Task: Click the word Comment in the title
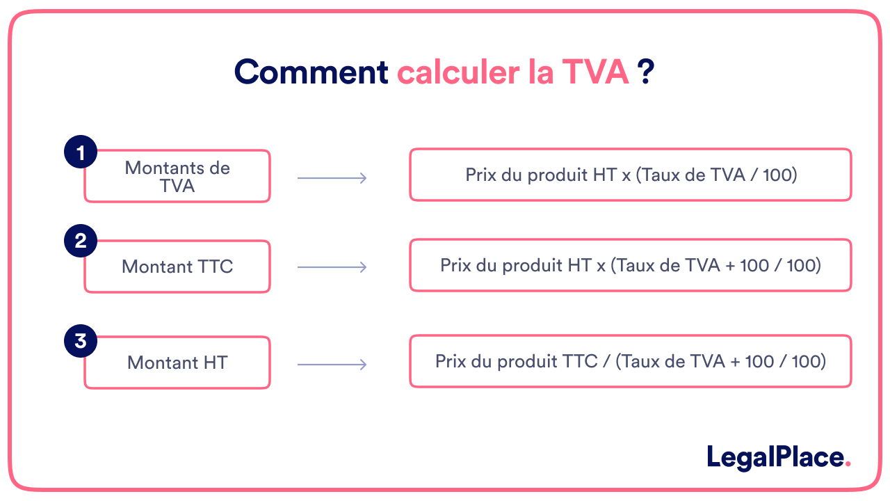click(x=311, y=72)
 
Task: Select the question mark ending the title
click(x=647, y=72)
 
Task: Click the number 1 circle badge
click(x=81, y=152)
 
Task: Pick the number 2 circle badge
click(x=81, y=241)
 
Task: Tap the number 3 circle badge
click(x=81, y=341)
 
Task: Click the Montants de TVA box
click(x=177, y=177)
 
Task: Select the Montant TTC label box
click(x=177, y=267)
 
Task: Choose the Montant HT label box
click(x=177, y=363)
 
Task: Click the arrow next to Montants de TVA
click(x=332, y=178)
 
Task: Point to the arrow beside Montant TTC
click(x=332, y=267)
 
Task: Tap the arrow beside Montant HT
click(x=332, y=364)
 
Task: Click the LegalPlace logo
click(x=775, y=457)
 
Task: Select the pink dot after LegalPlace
click(x=847, y=464)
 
